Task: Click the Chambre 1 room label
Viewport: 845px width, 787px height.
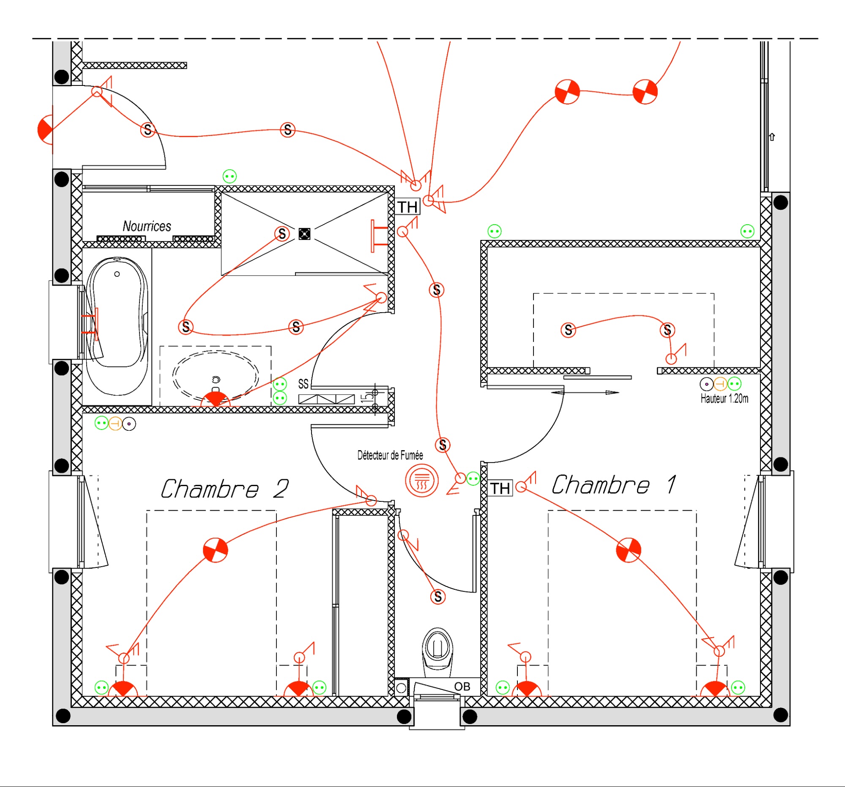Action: coord(614,485)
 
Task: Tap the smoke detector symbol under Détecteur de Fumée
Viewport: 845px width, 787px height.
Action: coord(421,481)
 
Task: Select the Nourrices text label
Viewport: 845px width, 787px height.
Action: coord(147,226)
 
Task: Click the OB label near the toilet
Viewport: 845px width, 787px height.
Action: coord(462,687)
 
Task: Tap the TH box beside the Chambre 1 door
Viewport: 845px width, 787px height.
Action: coord(500,488)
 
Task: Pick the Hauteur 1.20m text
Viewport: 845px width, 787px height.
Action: coord(724,399)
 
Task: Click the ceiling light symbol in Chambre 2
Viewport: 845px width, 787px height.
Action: coord(216,550)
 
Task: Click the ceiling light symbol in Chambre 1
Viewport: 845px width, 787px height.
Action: coord(628,550)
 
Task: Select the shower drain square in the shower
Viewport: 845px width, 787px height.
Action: coord(304,234)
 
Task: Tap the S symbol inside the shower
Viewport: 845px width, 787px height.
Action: coord(282,234)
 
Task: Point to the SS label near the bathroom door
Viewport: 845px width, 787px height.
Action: coord(303,384)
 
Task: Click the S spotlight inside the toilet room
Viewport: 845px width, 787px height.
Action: coord(438,597)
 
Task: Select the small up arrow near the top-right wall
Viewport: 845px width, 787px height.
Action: coord(772,137)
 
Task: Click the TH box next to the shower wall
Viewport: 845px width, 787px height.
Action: coord(407,207)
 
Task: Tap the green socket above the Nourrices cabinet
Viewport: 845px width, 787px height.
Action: coord(230,176)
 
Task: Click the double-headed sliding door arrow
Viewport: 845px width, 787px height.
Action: coord(585,393)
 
